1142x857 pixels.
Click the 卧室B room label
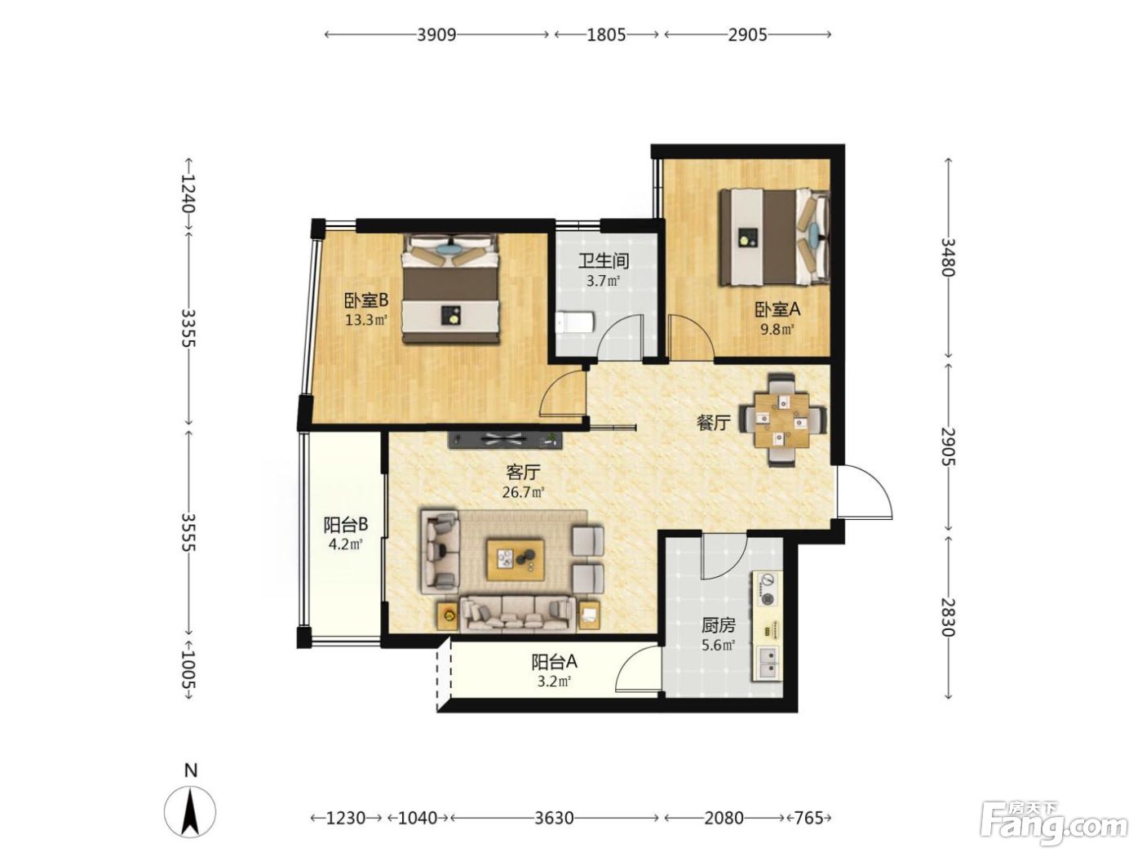coord(366,300)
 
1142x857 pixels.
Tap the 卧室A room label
coord(777,310)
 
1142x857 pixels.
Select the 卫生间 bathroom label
coord(604,260)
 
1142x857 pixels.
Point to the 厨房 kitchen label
coord(719,625)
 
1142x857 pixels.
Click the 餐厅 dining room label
coord(713,423)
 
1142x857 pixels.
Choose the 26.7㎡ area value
coord(524,491)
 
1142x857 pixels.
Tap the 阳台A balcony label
coord(555,662)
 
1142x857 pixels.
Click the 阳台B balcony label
coord(346,525)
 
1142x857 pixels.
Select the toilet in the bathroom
coord(574,323)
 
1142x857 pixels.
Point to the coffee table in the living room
coord(516,560)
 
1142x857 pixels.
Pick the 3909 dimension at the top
coord(437,34)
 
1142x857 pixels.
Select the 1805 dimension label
coord(606,34)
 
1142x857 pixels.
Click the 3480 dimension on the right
coord(948,258)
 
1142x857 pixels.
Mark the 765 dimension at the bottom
coord(809,818)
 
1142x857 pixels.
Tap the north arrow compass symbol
coord(190,812)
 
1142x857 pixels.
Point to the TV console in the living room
coord(506,440)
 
